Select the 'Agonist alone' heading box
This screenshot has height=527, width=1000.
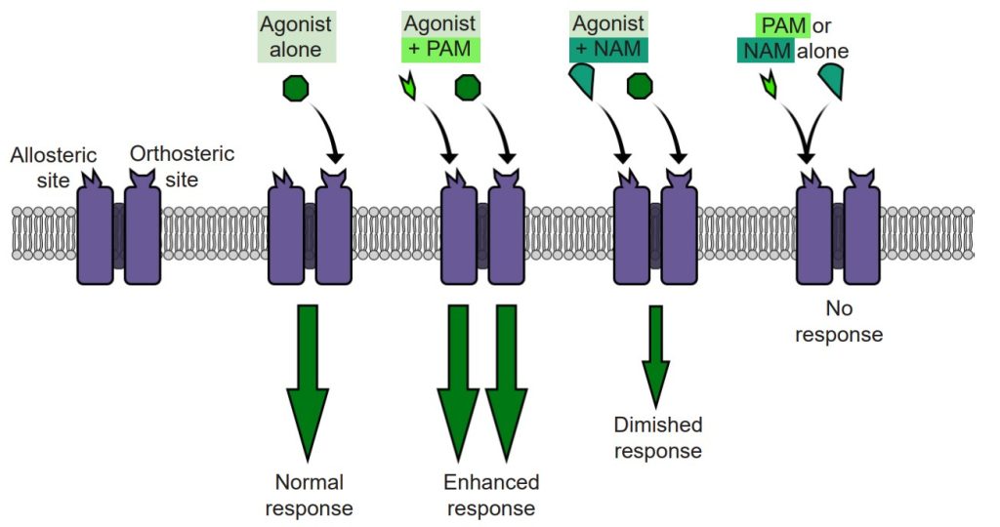[x=297, y=37]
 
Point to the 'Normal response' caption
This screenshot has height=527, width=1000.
[x=309, y=495]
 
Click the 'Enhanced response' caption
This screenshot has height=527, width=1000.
[x=490, y=495]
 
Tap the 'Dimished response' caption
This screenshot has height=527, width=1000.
[x=657, y=437]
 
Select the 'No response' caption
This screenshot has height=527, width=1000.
[x=839, y=323]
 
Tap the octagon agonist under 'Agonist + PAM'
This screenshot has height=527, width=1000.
[x=468, y=90]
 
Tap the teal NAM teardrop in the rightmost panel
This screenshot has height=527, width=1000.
[x=832, y=81]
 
